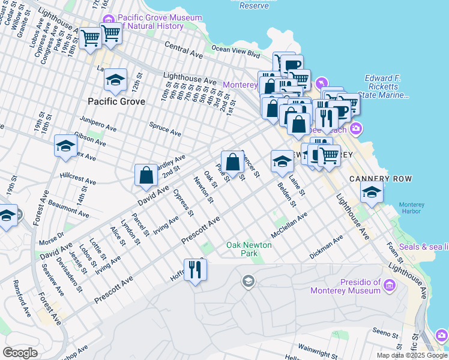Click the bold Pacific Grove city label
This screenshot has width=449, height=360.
pyautogui.click(x=116, y=101)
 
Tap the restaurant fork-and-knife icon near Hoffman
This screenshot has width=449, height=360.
pyautogui.click(x=195, y=269)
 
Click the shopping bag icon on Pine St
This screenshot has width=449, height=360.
pyautogui.click(x=232, y=161)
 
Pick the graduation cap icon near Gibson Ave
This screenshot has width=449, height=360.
pyautogui.click(x=65, y=146)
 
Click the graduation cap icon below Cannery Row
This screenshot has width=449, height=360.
pyautogui.click(x=372, y=192)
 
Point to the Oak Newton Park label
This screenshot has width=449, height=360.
pyautogui.click(x=249, y=249)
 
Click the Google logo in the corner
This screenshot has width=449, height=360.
pyautogui.click(x=20, y=353)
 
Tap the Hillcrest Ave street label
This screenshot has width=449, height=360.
pyautogui.click(x=78, y=181)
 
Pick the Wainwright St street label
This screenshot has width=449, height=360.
pyautogui.click(x=320, y=347)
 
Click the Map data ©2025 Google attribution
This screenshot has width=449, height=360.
pyautogui.click(x=411, y=355)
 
